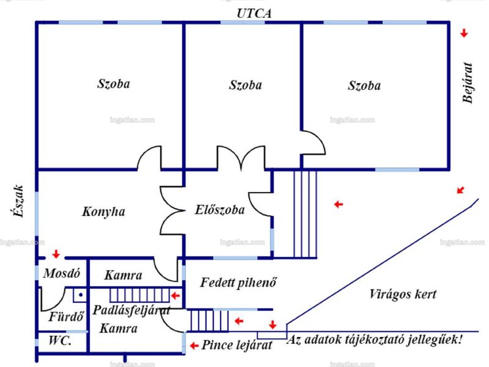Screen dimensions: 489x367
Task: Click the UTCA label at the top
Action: pyautogui.click(x=254, y=13)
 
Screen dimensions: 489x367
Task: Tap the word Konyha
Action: pyautogui.click(x=103, y=212)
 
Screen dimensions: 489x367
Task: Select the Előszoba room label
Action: pyautogui.click(x=220, y=209)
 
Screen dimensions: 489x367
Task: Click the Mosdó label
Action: pyautogui.click(x=62, y=273)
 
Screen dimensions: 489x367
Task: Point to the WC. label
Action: pyautogui.click(x=60, y=340)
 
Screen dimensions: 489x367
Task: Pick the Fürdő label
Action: pyautogui.click(x=67, y=316)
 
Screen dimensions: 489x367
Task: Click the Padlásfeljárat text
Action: pyautogui.click(x=131, y=311)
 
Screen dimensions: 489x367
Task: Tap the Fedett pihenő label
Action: pyautogui.click(x=238, y=283)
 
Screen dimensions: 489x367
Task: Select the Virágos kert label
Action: pyautogui.click(x=403, y=294)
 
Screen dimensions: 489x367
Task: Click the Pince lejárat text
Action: pyautogui.click(x=237, y=345)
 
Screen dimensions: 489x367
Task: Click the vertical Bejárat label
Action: pyautogui.click(x=468, y=83)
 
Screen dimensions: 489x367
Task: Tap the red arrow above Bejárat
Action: pyautogui.click(x=465, y=33)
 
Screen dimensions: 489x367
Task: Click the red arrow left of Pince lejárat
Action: pyautogui.click(x=194, y=346)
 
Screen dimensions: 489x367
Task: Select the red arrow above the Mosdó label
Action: pyautogui.click(x=56, y=254)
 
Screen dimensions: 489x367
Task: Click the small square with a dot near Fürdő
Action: pyautogui.click(x=81, y=295)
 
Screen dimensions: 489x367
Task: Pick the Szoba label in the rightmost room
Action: pyautogui.click(x=364, y=86)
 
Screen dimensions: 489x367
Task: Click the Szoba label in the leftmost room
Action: pyautogui.click(x=114, y=84)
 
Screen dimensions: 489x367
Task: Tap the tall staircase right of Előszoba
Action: pyautogui.click(x=305, y=214)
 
